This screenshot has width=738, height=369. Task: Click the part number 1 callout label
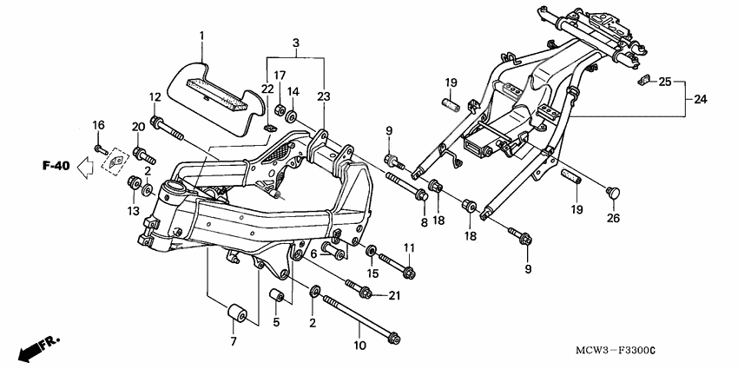tap(201, 36)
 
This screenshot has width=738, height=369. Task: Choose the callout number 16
tap(98, 125)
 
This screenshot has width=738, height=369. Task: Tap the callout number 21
tap(394, 296)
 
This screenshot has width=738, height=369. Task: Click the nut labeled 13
tap(135, 183)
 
